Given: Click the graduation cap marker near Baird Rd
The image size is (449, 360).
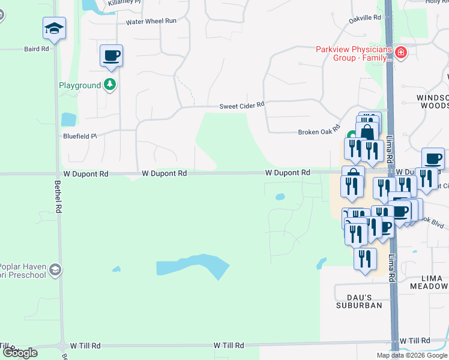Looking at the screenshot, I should [x=54, y=28].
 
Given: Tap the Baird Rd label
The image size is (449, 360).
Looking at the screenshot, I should [x=36, y=49].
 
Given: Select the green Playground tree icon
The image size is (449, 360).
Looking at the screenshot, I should [x=109, y=85].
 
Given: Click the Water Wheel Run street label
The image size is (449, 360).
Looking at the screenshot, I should [x=151, y=21].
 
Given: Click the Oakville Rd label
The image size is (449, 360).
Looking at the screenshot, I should [x=365, y=19].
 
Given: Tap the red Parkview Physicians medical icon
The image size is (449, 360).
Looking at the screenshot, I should [x=401, y=54].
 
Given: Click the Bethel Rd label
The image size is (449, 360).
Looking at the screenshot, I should [x=58, y=198].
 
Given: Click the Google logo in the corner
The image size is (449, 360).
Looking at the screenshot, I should [x=19, y=353].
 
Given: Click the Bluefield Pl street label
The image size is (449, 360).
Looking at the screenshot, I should [x=80, y=136].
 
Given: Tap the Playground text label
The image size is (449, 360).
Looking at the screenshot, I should [x=80, y=85].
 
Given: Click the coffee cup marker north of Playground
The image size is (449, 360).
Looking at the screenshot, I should [x=111, y=56].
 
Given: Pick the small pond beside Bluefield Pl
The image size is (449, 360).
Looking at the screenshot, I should [x=68, y=119].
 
